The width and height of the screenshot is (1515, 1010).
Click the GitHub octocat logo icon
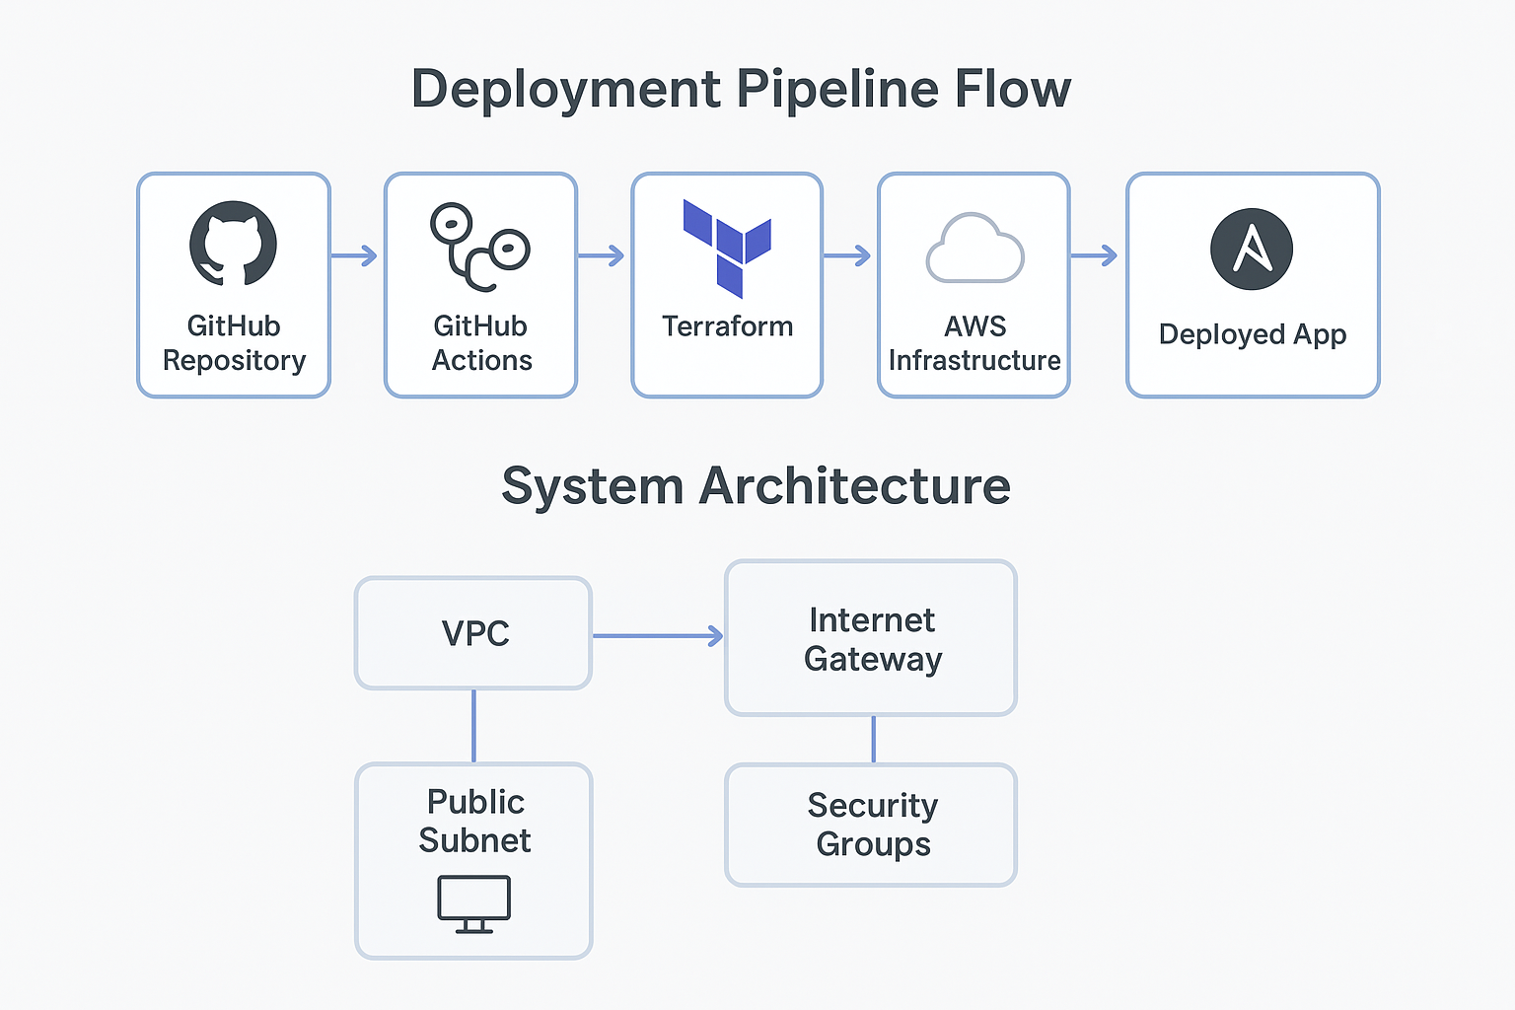[233, 244]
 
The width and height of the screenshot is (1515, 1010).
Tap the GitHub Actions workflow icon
[480, 247]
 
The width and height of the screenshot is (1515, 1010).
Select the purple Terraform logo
[728, 248]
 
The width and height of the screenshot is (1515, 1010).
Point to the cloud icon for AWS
[974, 249]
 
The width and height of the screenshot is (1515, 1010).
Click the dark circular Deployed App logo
[1252, 249]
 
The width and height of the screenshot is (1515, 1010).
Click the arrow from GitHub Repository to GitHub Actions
[355, 256]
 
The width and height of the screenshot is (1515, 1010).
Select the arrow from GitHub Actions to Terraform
[602, 256]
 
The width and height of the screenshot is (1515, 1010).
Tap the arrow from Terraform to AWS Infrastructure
[848, 256]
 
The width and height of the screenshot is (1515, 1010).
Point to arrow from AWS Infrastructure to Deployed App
[1095, 256]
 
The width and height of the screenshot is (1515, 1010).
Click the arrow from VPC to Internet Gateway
[658, 636]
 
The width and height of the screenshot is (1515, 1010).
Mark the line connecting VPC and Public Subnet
[474, 726]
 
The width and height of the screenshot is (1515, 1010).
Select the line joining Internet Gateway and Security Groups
[873, 740]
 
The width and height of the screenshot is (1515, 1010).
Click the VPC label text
[475, 633]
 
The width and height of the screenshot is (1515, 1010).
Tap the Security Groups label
[873, 825]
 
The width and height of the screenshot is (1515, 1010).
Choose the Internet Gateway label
[873, 639]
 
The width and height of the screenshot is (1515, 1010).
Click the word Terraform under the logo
[728, 326]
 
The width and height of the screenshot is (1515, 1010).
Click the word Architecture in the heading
[855, 486]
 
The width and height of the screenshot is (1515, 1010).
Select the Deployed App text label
[1253, 334]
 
